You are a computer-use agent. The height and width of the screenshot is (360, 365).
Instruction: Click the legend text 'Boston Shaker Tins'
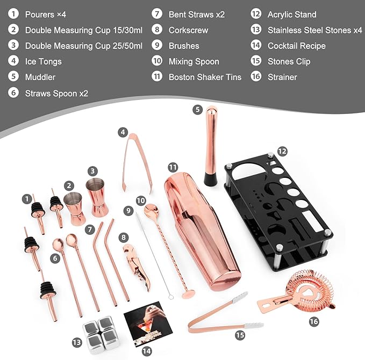[x=205, y=77]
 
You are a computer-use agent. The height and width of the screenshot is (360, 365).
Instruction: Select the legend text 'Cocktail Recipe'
[x=297, y=46]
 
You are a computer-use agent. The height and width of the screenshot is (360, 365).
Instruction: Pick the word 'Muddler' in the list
[x=40, y=77]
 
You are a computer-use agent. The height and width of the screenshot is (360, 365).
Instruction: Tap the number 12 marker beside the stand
[x=281, y=153]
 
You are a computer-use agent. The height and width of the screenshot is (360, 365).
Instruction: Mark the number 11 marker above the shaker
[x=172, y=167]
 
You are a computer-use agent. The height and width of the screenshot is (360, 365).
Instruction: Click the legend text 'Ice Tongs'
[x=44, y=61]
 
